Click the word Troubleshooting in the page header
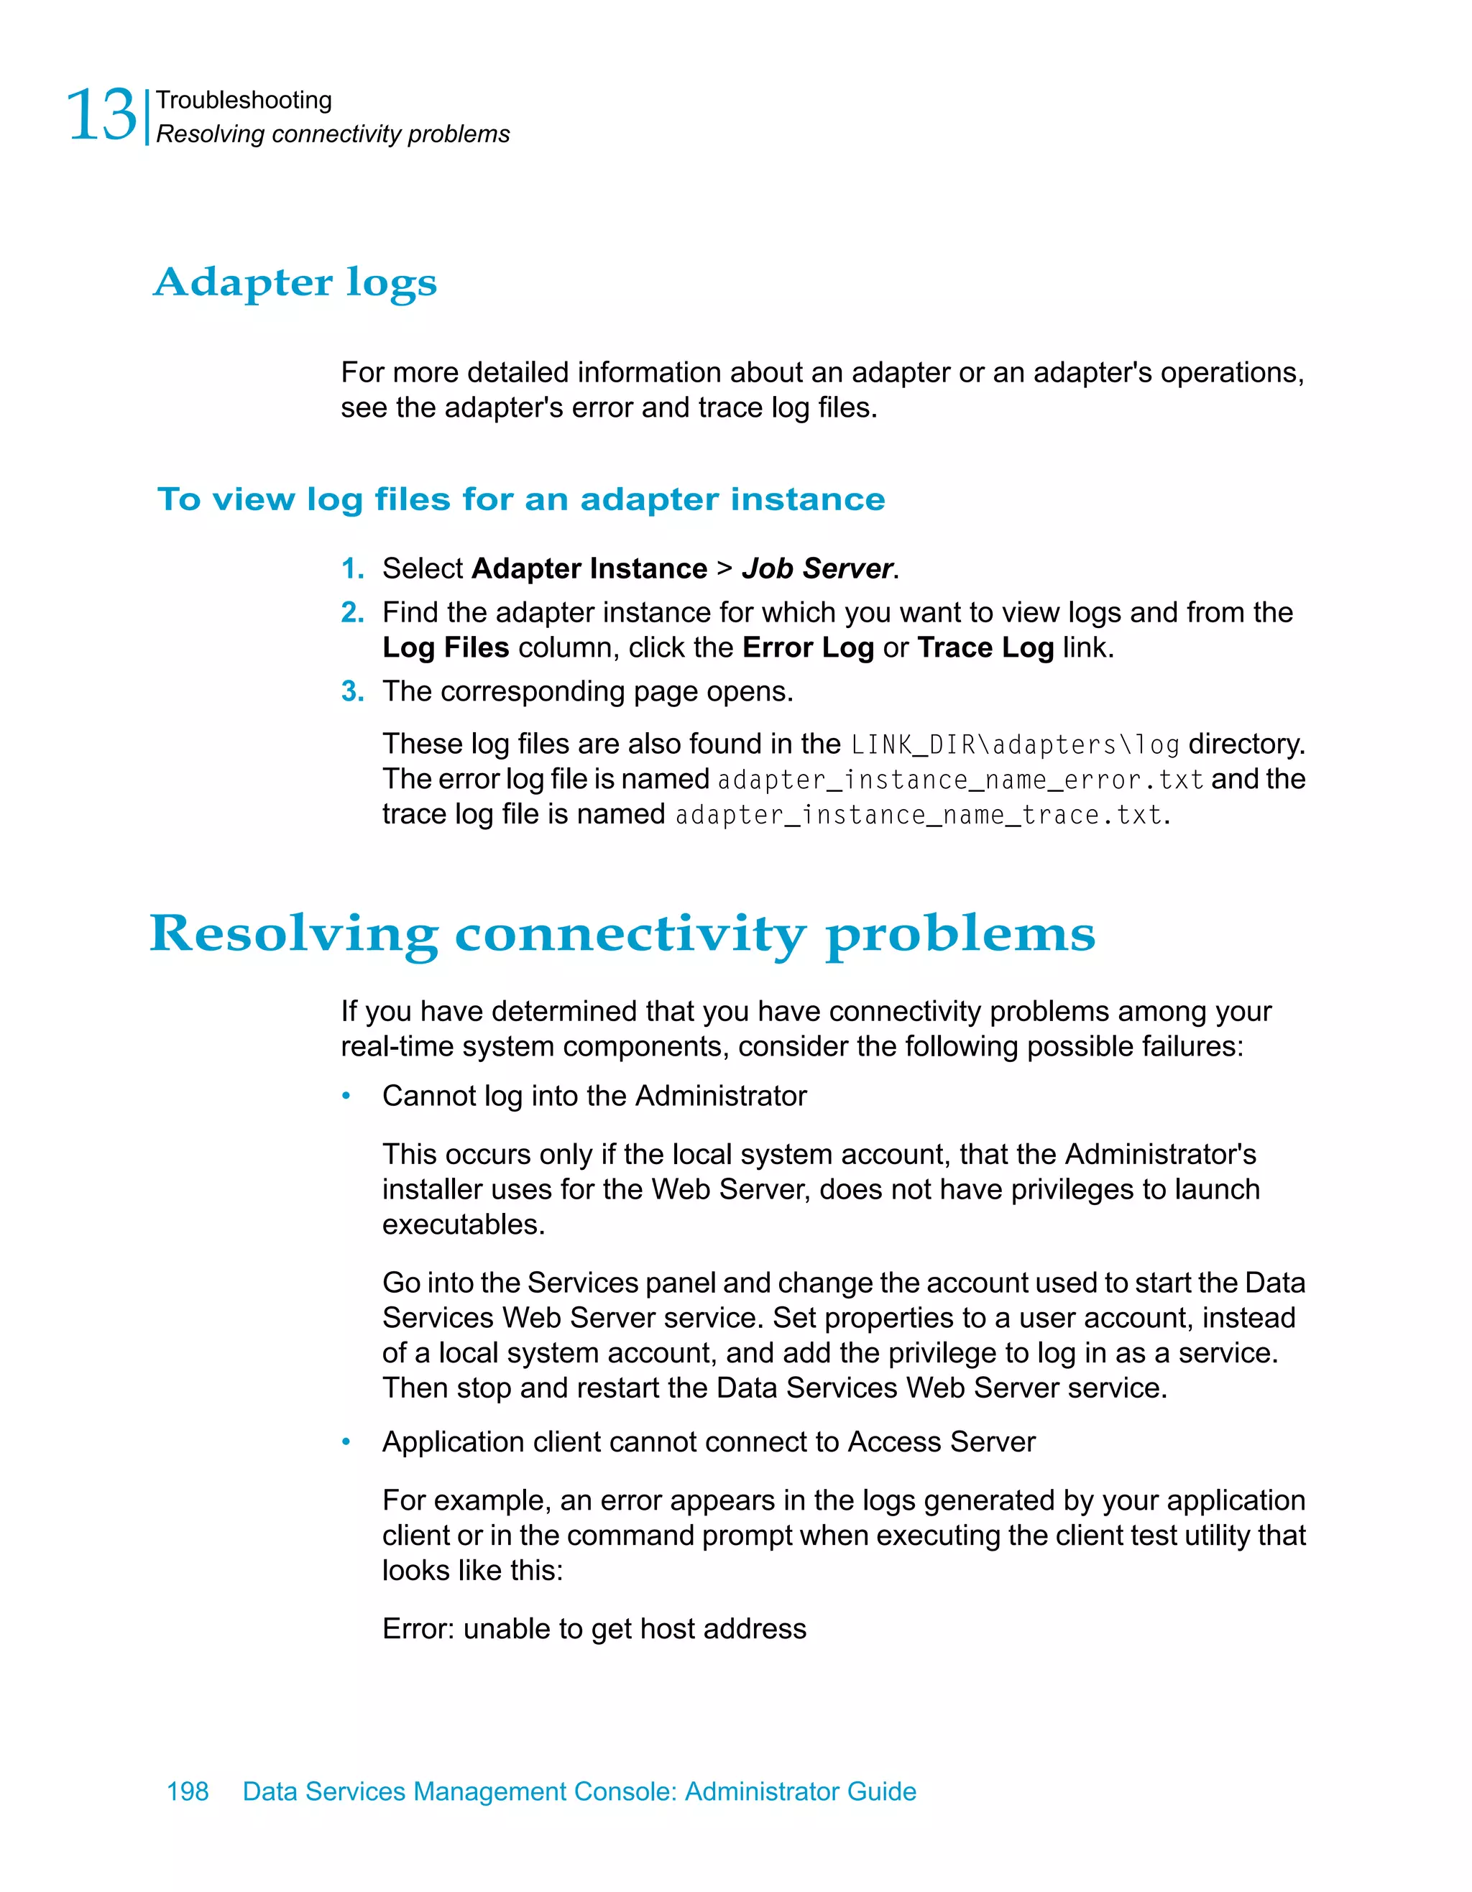(244, 101)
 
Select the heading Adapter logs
(295, 282)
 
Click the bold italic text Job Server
(817, 568)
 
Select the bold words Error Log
(807, 647)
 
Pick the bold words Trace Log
(985, 647)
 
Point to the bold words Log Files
(446, 647)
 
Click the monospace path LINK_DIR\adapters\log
(1015, 745)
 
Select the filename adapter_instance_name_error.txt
(960, 780)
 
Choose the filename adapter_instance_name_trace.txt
(918, 815)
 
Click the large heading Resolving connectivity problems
(622, 934)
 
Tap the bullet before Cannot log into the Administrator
(346, 1096)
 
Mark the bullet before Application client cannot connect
(346, 1441)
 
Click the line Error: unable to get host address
(594, 1629)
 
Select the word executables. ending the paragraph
(464, 1224)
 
